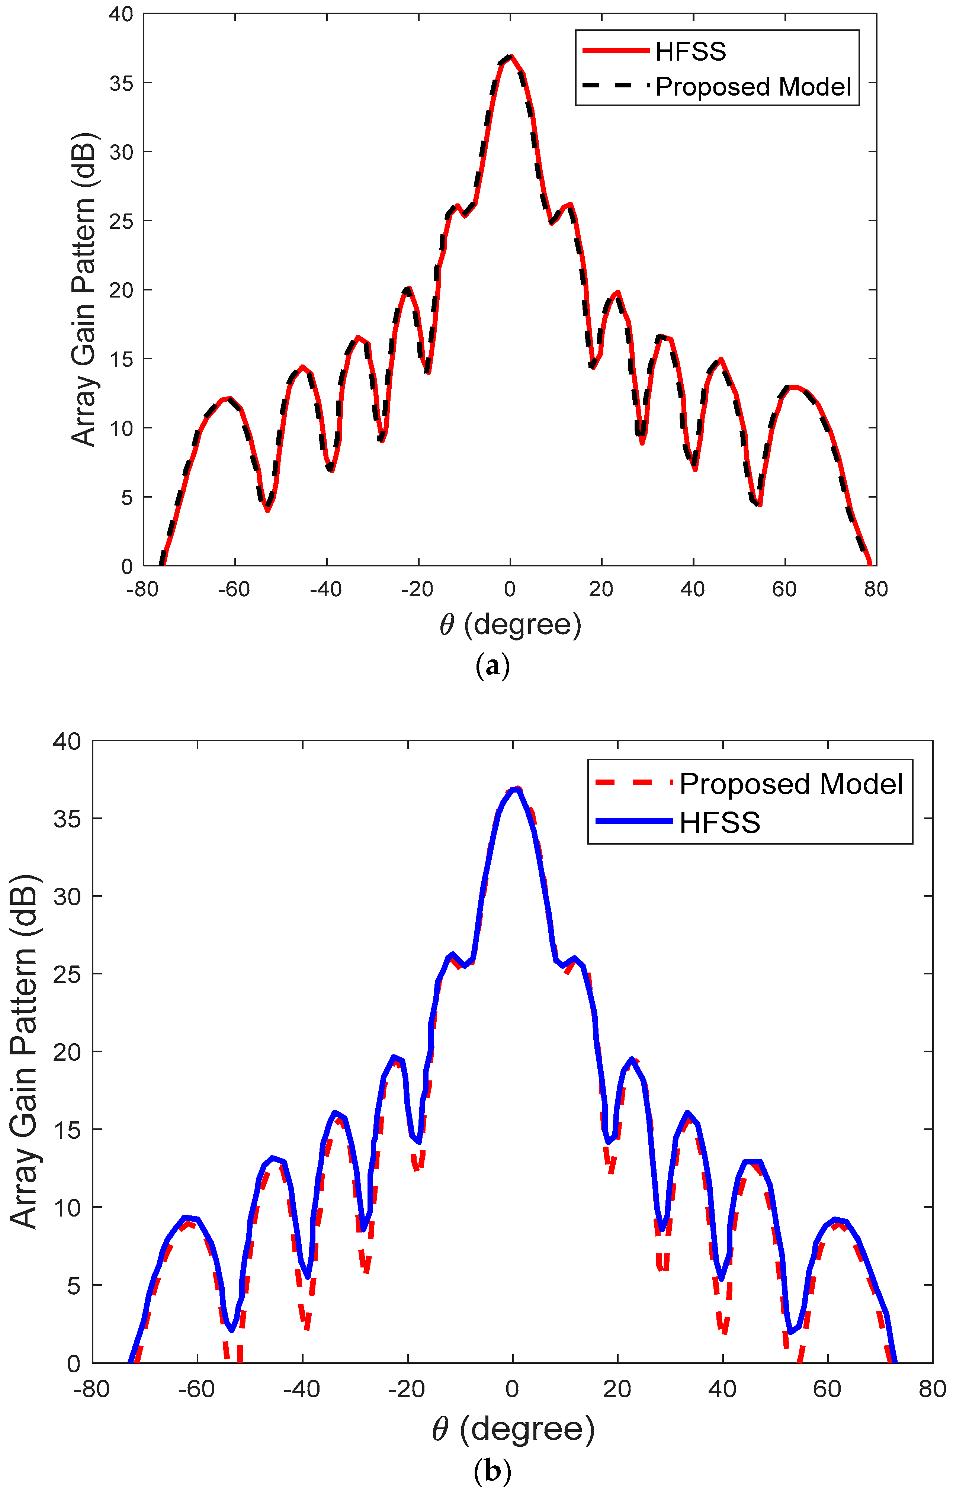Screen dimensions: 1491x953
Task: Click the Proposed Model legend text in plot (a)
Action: [x=753, y=87]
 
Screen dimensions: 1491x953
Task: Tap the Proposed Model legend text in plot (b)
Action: [x=791, y=784]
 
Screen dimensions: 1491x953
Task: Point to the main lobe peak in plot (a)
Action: [x=510, y=57]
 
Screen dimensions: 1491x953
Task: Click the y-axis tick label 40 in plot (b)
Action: [x=66, y=741]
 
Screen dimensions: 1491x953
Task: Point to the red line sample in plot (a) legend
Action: [x=616, y=51]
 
